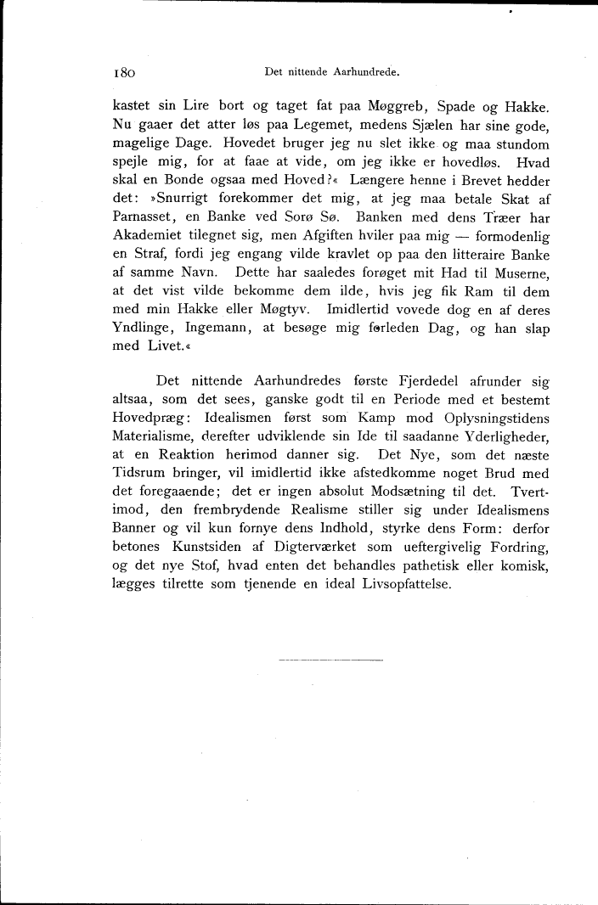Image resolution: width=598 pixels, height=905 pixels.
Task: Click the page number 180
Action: [x=125, y=73]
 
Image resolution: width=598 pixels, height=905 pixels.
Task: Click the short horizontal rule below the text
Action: [x=330, y=659]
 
